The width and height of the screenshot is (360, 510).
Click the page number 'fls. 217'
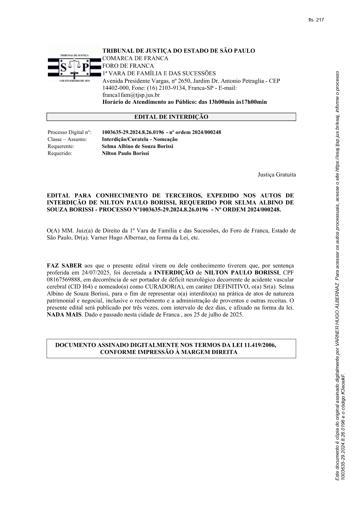tap(316, 20)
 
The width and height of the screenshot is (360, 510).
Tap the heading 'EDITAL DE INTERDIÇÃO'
tap(171, 117)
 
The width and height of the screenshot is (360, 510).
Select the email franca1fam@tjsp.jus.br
tap(131, 95)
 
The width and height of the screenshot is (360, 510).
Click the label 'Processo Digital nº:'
tap(69, 133)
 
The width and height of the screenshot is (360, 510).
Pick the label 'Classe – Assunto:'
tap(67, 139)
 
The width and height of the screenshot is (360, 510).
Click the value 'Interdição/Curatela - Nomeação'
tap(140, 139)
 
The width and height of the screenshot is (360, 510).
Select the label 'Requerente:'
tap(61, 146)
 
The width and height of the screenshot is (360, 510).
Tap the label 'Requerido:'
tap(60, 153)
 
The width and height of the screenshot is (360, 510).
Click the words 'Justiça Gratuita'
tap(277, 175)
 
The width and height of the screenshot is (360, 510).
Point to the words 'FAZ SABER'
tap(64, 266)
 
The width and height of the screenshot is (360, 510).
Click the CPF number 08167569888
tap(62, 280)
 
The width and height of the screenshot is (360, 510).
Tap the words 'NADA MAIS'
tap(64, 315)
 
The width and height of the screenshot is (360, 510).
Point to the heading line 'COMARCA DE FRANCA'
tap(135, 58)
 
